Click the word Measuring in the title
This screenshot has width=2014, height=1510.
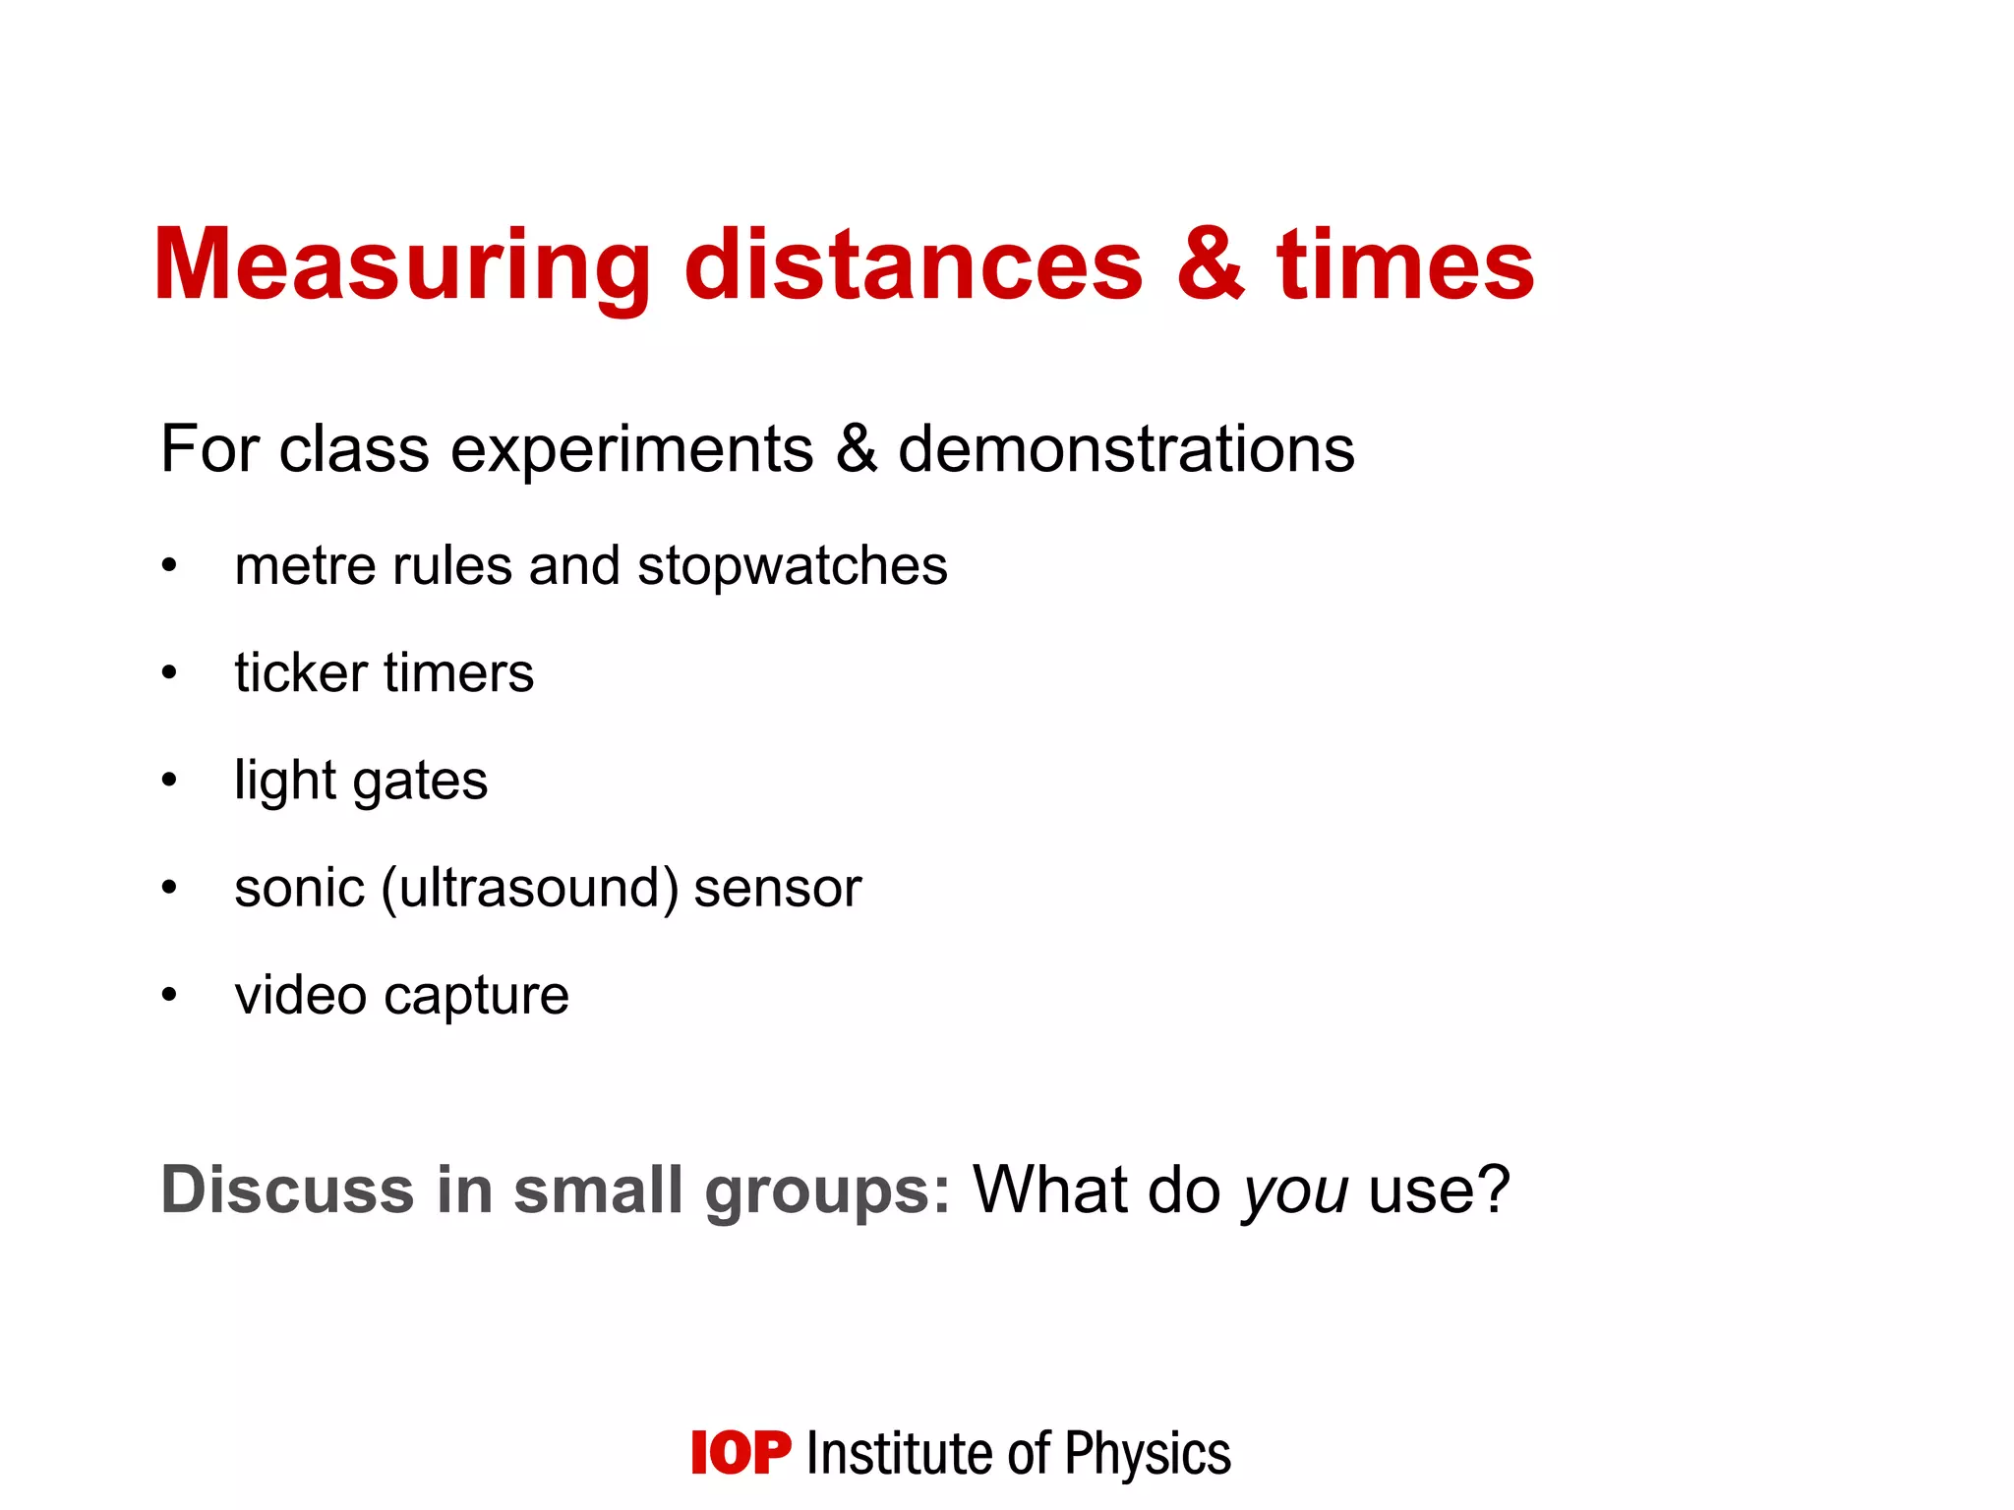pos(401,265)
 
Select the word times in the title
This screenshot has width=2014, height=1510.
pos(1405,265)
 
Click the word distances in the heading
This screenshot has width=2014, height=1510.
pos(914,265)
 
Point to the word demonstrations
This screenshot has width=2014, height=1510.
pos(1126,449)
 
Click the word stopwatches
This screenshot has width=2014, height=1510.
pos(793,567)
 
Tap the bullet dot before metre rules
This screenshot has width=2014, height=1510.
pos(170,566)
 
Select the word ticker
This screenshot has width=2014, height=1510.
pos(299,673)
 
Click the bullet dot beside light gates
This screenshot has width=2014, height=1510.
pos(170,781)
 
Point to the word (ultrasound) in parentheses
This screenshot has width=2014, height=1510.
pos(530,889)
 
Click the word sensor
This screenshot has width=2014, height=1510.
pos(777,889)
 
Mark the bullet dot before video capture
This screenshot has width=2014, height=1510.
pos(170,995)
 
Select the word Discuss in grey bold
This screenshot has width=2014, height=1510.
pos(286,1190)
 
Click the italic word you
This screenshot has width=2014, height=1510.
pos(1294,1193)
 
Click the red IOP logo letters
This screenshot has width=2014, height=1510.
pos(740,1453)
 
